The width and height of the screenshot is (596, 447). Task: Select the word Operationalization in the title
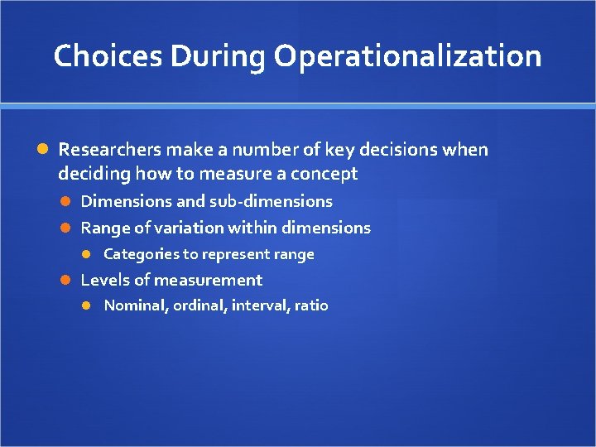[408, 56]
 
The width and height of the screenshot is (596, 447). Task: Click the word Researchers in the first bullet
[109, 150]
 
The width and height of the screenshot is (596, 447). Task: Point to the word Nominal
[137, 305]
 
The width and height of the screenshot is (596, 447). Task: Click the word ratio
[311, 305]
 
